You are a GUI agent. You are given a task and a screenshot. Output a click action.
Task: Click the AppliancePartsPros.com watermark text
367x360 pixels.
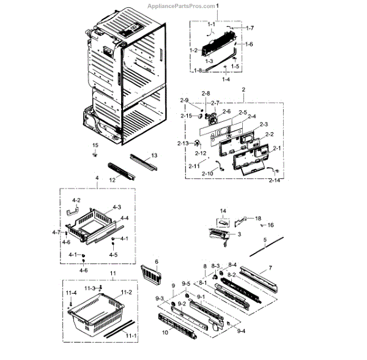click(x=181, y=6)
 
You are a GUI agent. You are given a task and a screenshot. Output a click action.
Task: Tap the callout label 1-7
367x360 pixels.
click(x=250, y=28)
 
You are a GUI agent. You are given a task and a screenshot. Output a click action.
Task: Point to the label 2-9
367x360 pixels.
click(x=184, y=100)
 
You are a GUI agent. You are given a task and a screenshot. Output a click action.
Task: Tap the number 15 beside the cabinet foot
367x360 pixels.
click(x=95, y=144)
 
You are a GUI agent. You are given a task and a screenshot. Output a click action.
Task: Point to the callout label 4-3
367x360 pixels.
click(x=116, y=208)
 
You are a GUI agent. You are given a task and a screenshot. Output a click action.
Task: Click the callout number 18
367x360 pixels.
click(x=258, y=218)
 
